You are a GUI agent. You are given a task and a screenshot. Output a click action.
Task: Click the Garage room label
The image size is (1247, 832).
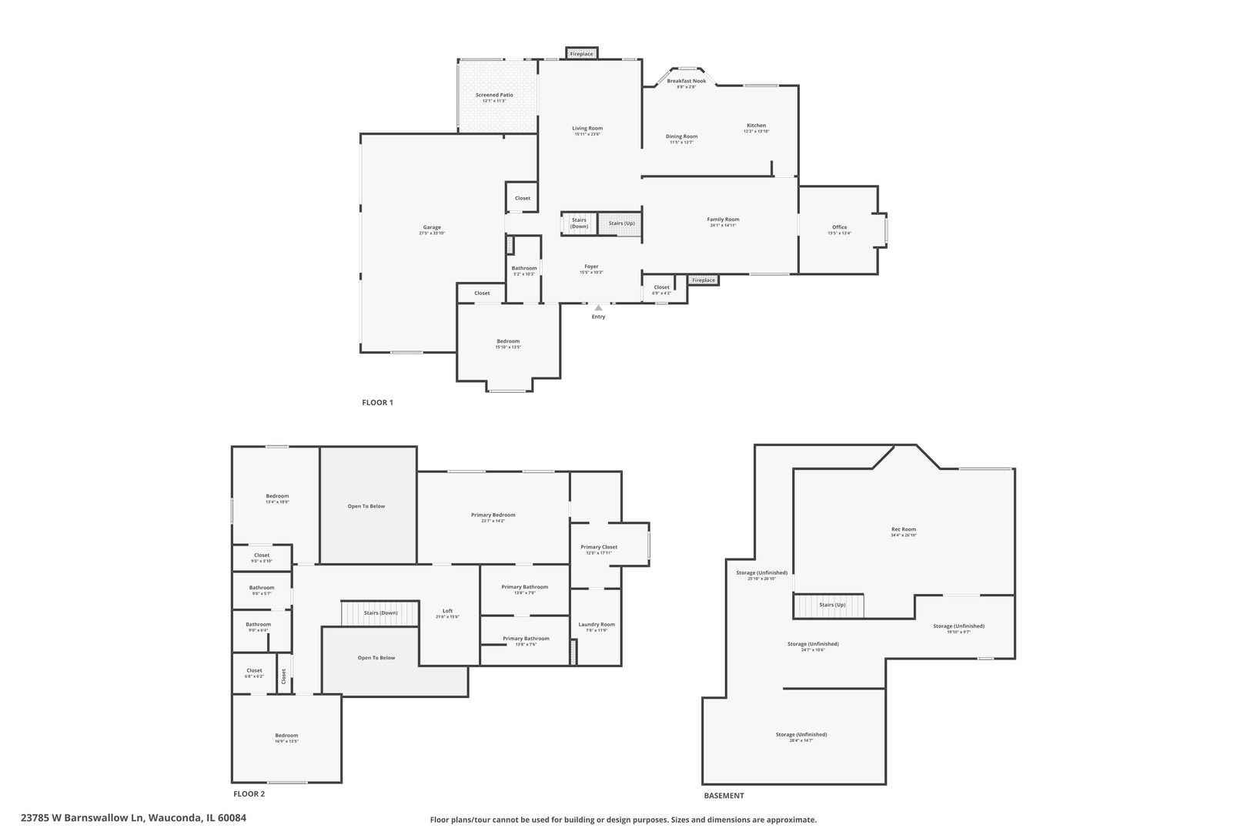[x=432, y=227]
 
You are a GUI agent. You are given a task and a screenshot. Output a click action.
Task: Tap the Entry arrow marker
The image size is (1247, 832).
[x=598, y=308]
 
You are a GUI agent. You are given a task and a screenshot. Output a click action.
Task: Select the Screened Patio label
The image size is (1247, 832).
[x=494, y=95]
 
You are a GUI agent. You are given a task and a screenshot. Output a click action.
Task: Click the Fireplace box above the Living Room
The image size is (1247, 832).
[x=582, y=54]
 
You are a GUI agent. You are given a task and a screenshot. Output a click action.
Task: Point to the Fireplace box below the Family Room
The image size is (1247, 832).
[x=703, y=280]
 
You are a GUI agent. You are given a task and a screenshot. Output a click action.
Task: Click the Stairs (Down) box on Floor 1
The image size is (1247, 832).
[x=579, y=223]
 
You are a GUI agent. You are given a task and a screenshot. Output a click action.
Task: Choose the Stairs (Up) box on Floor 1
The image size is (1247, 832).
[x=621, y=223]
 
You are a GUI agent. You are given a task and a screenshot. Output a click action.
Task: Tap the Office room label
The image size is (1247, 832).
[x=839, y=227]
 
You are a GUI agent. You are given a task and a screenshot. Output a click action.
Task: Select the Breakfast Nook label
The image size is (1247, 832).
[x=686, y=81]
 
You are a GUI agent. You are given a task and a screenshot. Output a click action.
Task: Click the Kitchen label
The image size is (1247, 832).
[x=756, y=126]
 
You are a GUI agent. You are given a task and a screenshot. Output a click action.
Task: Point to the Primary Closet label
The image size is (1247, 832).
[x=599, y=547]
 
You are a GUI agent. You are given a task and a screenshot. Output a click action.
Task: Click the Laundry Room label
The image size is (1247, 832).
[x=597, y=625]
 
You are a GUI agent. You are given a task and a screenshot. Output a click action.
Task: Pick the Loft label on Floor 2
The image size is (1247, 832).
[x=447, y=611]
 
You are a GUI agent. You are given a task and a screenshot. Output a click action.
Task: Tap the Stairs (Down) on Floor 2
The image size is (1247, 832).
[x=380, y=613]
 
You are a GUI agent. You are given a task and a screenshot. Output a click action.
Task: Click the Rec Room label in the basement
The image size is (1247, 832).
[x=904, y=529]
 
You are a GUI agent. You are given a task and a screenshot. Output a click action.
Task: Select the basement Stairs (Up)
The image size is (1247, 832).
[x=831, y=606]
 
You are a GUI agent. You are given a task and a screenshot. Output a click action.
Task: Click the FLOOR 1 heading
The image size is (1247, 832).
[x=377, y=402]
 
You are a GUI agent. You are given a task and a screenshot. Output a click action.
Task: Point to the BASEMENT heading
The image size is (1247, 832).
[x=724, y=796]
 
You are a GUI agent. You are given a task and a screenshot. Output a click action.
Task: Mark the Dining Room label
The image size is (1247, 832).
[x=681, y=136]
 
